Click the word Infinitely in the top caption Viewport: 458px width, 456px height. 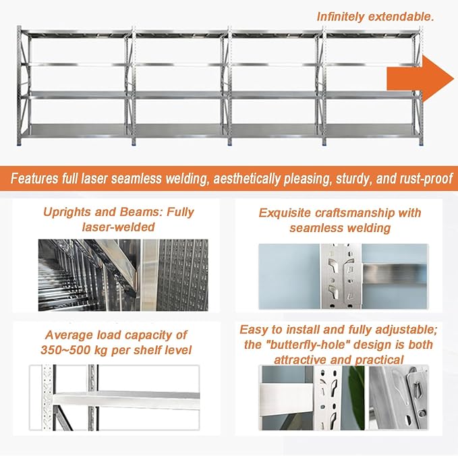point(340,17)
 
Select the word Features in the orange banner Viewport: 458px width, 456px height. point(34,178)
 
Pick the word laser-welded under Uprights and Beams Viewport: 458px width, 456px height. point(118,227)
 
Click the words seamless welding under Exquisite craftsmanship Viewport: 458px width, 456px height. point(340,228)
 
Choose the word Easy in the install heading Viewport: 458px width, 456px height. point(254,330)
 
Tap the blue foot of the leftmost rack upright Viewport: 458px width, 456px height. point(20,144)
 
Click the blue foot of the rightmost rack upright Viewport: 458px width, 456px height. point(421,144)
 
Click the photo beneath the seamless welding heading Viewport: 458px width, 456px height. point(343,276)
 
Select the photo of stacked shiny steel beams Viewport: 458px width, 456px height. point(123,275)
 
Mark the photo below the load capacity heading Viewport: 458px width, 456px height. point(115,397)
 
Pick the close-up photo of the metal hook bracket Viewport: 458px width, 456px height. point(399,397)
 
